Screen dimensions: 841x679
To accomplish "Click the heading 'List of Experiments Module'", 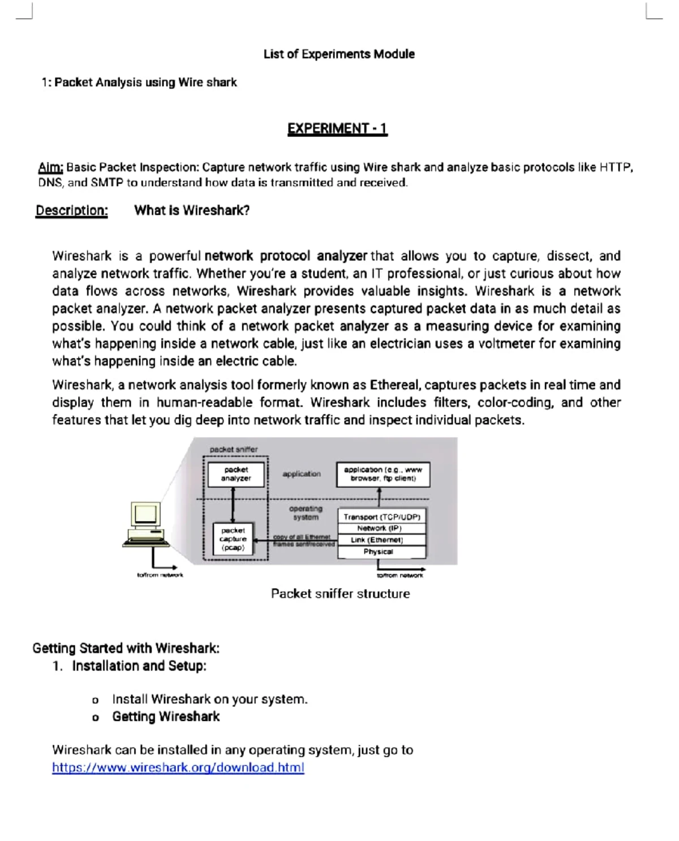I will [338, 54].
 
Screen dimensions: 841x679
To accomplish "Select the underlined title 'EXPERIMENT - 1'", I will [337, 129].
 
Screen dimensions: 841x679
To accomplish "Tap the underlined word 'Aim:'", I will [51, 168].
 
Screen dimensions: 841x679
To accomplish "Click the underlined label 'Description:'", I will [71, 211].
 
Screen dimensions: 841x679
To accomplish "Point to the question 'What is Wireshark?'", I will [192, 211].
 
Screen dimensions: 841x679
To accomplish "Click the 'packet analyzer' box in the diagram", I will [236, 474].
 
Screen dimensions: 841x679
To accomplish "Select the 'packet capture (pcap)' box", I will [233, 539].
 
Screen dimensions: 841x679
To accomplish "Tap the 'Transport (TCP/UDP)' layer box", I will [381, 516].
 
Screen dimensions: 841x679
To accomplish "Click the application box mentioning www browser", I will [383, 474].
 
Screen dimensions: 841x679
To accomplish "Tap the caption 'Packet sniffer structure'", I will [340, 594].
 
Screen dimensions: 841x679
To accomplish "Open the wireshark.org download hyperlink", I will [178, 768].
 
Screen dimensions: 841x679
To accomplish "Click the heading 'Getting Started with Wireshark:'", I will [126, 648].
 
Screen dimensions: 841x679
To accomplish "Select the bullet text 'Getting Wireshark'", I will [166, 716].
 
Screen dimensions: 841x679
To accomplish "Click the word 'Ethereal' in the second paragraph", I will [394, 385].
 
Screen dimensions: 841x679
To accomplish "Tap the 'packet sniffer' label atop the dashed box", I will [233, 449].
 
